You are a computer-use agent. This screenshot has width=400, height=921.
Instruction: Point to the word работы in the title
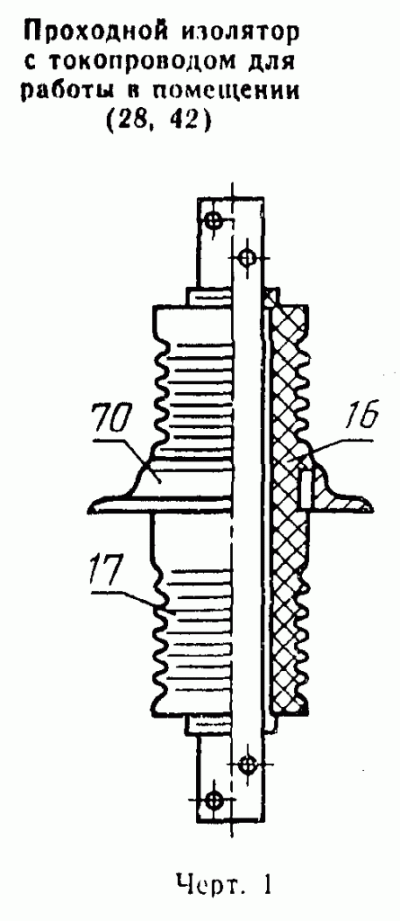click(68, 91)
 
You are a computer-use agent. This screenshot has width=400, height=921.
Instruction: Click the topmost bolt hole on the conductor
click(213, 221)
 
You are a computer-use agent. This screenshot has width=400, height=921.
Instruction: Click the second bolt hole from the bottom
click(247, 765)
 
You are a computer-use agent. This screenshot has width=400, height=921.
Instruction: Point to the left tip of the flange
click(90, 505)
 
